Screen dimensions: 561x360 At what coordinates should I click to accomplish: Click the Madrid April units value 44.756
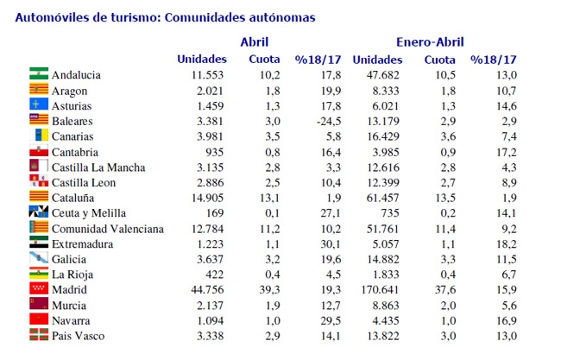[207, 289]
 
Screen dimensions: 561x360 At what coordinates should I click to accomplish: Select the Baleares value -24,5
[329, 122]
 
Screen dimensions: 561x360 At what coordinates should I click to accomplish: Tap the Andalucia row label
[76, 75]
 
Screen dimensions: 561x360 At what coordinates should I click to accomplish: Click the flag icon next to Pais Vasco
[39, 335]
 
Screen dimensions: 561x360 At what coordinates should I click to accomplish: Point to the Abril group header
[255, 41]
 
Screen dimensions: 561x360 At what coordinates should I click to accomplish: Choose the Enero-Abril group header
[430, 42]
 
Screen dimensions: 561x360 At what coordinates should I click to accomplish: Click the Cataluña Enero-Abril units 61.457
[383, 198]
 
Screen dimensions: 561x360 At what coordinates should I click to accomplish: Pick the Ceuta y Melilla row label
[89, 213]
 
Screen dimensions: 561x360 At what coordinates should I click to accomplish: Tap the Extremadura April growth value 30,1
[331, 244]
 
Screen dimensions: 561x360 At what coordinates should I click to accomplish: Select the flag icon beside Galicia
[39, 257]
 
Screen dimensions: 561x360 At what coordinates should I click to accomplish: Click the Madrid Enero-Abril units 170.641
[380, 289]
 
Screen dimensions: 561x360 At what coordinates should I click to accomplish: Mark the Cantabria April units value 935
[215, 153]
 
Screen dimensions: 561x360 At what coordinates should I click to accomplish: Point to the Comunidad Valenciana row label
[108, 229]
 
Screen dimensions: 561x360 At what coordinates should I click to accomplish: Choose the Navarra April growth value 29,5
[331, 320]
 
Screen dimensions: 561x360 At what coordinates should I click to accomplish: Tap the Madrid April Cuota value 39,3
[270, 289]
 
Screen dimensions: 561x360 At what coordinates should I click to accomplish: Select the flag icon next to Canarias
[39, 135]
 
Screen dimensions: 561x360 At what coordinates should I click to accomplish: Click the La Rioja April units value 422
[215, 275]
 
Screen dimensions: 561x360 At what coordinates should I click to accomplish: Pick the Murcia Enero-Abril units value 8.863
[386, 306]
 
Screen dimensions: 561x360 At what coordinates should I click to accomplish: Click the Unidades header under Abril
[202, 59]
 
